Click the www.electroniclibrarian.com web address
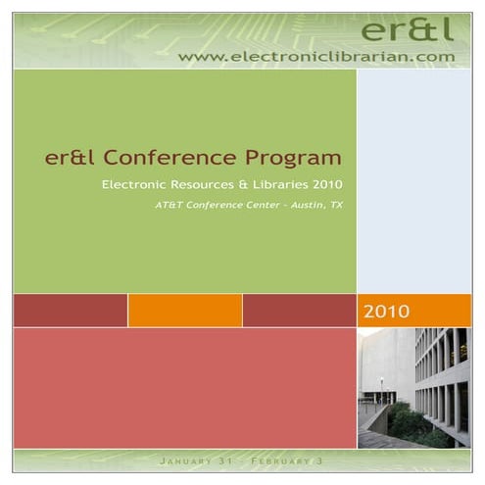click(317, 57)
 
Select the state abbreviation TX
click(335, 206)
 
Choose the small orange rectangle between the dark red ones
click(184, 311)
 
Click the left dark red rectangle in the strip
click(70, 311)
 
